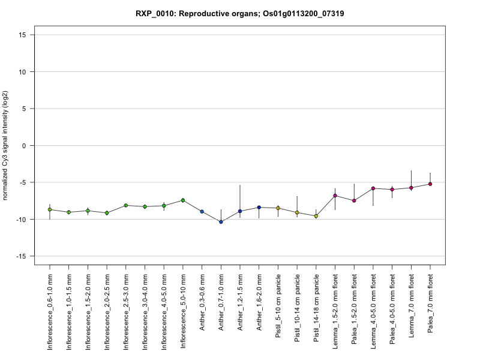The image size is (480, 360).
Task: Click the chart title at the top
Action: pyautogui.click(x=239, y=14)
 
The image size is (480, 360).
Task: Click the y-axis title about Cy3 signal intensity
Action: pyautogui.click(x=6, y=145)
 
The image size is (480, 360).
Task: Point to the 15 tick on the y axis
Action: pyautogui.click(x=22, y=35)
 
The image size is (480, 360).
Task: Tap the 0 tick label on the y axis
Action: pyautogui.click(x=25, y=145)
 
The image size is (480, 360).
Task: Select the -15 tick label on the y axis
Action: pyautogui.click(x=21, y=256)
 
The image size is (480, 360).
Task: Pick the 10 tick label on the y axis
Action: pyautogui.click(x=22, y=71)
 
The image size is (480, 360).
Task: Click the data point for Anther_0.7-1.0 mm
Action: pyautogui.click(x=221, y=222)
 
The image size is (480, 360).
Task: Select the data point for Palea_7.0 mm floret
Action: pyautogui.click(x=430, y=184)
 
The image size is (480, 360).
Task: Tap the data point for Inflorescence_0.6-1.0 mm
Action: pyautogui.click(x=50, y=209)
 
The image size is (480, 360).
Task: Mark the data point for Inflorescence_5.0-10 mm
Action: pyautogui.click(x=183, y=200)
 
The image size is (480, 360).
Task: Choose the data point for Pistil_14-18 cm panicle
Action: pyautogui.click(x=316, y=216)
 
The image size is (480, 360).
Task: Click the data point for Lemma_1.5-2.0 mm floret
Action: pyautogui.click(x=335, y=196)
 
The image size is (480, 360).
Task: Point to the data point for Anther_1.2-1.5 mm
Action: pyautogui.click(x=240, y=211)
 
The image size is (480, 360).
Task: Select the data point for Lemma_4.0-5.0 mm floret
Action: pyautogui.click(x=373, y=188)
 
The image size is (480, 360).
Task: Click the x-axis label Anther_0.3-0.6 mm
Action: pyautogui.click(x=202, y=308)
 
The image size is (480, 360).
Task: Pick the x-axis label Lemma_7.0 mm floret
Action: pyautogui.click(x=412, y=310)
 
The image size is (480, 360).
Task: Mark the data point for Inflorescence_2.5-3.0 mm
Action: pyautogui.click(x=126, y=205)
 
